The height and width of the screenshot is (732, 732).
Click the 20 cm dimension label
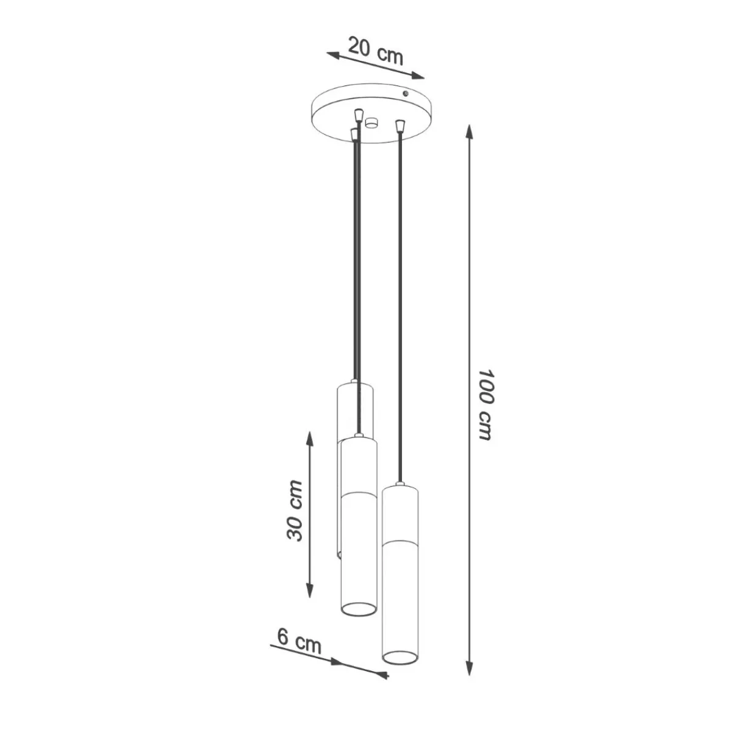click(x=376, y=51)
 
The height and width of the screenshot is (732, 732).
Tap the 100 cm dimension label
click(x=485, y=404)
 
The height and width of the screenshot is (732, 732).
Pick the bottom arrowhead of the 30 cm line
click(x=310, y=597)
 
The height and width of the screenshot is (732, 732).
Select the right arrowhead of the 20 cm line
click(x=417, y=76)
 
